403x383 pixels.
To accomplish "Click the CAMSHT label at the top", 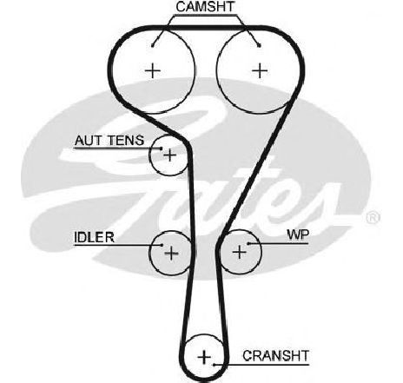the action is pos(205,7).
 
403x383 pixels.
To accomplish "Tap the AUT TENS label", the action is pos(109,141).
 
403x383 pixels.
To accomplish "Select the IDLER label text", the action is pos(94,237).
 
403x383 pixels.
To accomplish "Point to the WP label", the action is pos(298,234).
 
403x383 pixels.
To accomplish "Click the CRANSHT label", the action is pos(276,356).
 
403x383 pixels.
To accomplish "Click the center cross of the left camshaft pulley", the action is pos(153,70).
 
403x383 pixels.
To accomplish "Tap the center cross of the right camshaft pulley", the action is pos(260,70).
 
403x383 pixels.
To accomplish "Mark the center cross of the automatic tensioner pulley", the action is pos(170,155).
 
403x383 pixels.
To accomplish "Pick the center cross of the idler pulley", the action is pos(171,253).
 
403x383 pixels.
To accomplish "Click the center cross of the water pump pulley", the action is pos(240,252).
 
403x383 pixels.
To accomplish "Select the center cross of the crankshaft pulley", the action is pos(204,357).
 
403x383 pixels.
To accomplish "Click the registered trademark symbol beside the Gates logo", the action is pos(373,218).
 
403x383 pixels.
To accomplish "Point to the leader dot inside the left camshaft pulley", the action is pos(153,45).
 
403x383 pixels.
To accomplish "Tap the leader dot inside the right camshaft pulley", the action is pos(260,45).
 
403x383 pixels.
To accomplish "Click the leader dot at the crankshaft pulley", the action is pos(214,365).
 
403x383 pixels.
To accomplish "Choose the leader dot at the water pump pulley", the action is pos(248,243).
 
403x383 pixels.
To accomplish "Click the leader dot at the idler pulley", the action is pos(162,245).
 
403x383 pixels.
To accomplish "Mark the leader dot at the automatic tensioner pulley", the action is pos(162,149).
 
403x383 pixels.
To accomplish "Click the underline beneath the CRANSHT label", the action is pos(261,365).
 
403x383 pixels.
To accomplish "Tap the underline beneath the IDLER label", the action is pos(118,245).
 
